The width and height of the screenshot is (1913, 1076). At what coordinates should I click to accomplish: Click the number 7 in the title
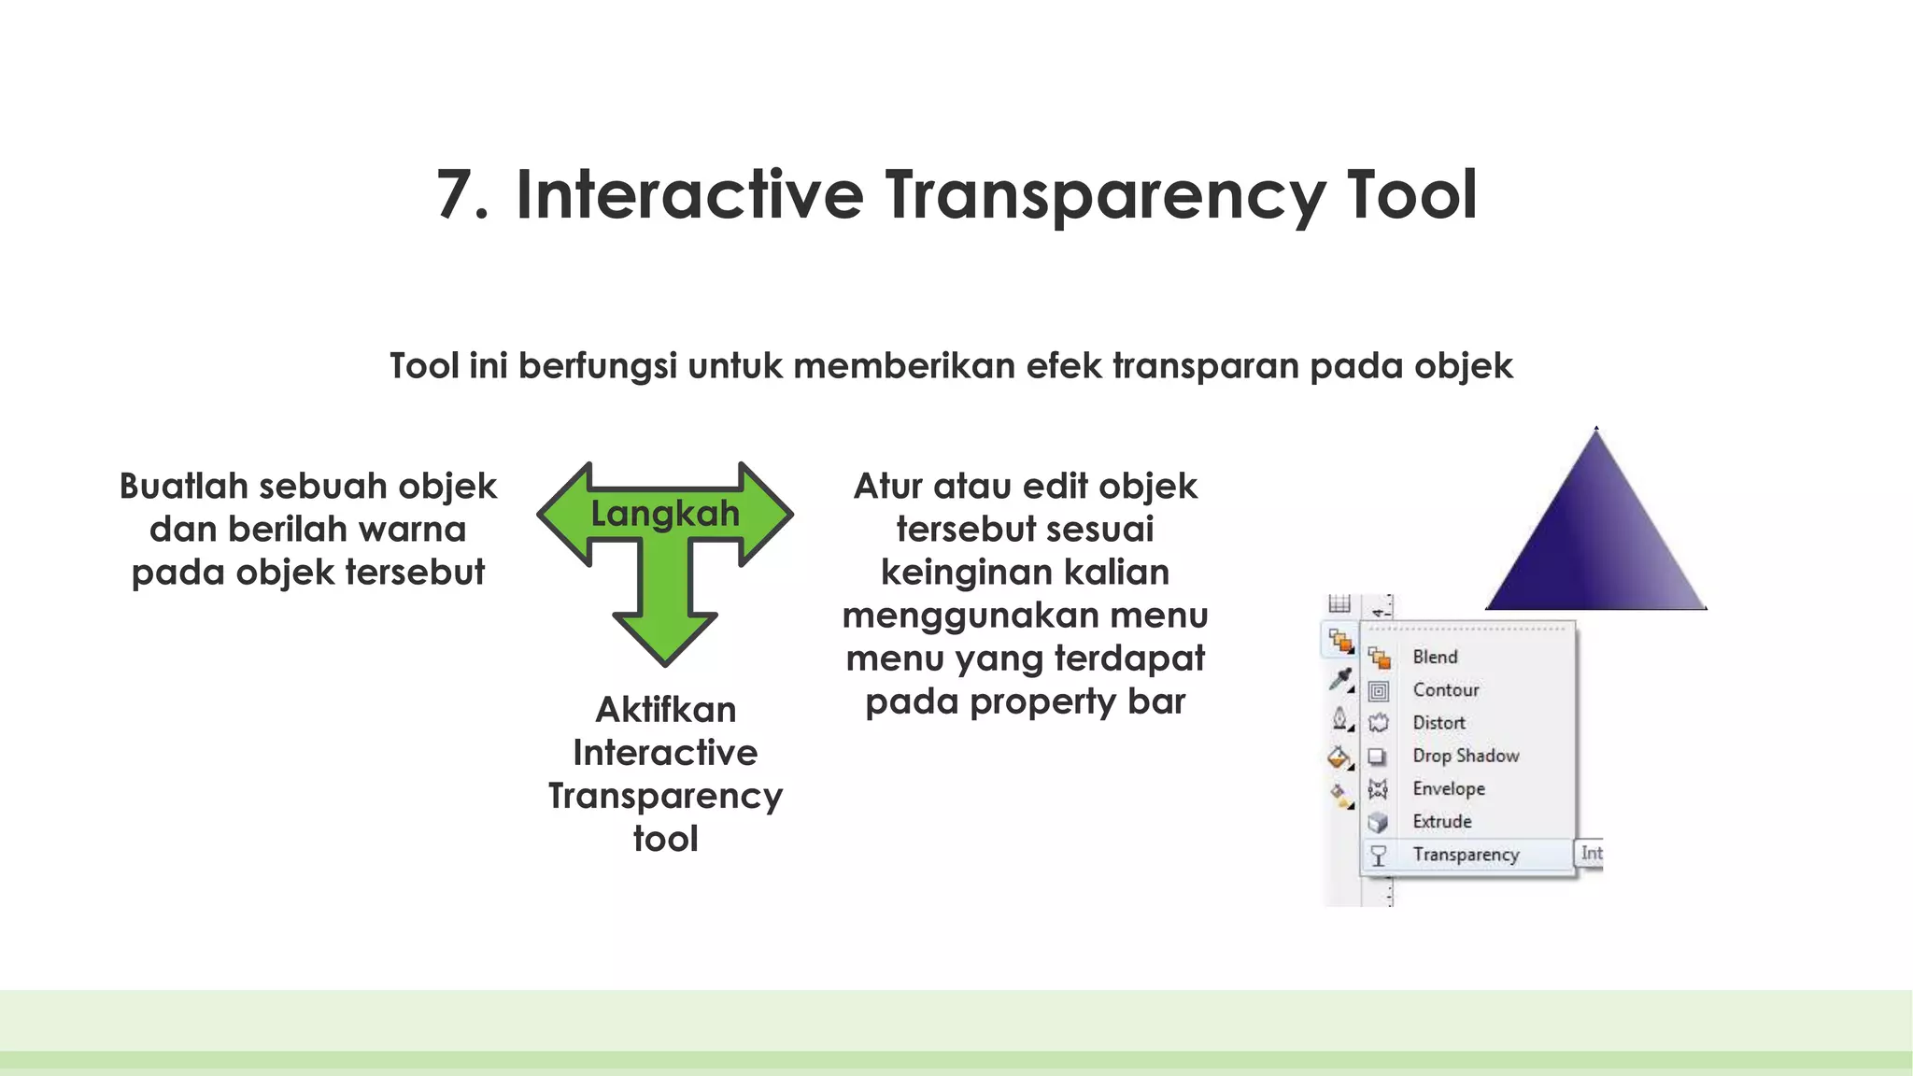(462, 195)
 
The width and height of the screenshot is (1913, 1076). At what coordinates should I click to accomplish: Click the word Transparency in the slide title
(1105, 197)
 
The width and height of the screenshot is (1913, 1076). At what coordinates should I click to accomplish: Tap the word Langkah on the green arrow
(664, 514)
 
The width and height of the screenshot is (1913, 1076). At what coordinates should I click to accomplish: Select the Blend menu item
(1435, 657)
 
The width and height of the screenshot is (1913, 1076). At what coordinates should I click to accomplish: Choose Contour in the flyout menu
(1446, 690)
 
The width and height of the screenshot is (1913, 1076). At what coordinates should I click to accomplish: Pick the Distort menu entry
(1438, 723)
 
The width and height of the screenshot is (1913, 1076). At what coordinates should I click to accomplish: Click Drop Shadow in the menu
(1466, 756)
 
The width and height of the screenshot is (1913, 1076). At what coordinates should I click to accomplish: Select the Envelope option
(1449, 789)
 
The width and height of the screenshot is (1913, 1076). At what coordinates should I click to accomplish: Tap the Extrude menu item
(1442, 822)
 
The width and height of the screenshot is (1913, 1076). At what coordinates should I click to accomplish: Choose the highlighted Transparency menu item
(1466, 855)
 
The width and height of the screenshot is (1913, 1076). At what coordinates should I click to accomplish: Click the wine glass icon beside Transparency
(1379, 856)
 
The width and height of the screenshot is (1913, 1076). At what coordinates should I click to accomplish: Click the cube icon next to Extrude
(1379, 823)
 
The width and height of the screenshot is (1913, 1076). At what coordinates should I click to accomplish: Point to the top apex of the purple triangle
(1596, 431)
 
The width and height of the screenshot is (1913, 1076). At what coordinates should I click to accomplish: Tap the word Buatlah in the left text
(183, 487)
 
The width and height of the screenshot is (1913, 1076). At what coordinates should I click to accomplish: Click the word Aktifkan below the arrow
(665, 710)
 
